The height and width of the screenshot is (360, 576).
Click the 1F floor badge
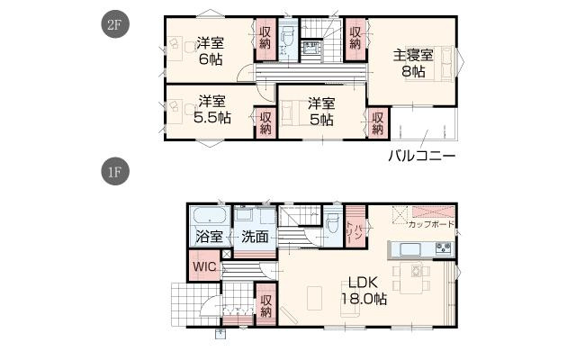click(113, 169)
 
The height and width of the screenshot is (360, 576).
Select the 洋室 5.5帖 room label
click(212, 109)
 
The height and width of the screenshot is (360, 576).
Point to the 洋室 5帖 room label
click(321, 111)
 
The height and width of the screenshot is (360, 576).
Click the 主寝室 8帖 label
click(413, 64)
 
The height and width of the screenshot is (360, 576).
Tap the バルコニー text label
click(421, 156)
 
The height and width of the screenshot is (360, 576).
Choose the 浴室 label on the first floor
click(209, 238)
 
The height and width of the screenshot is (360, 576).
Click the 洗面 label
click(255, 238)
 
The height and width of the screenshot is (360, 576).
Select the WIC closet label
click(204, 266)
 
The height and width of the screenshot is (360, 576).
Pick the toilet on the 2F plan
click(286, 38)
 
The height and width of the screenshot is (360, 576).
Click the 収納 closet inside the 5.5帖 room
click(265, 121)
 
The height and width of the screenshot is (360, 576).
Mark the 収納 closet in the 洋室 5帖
click(378, 121)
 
